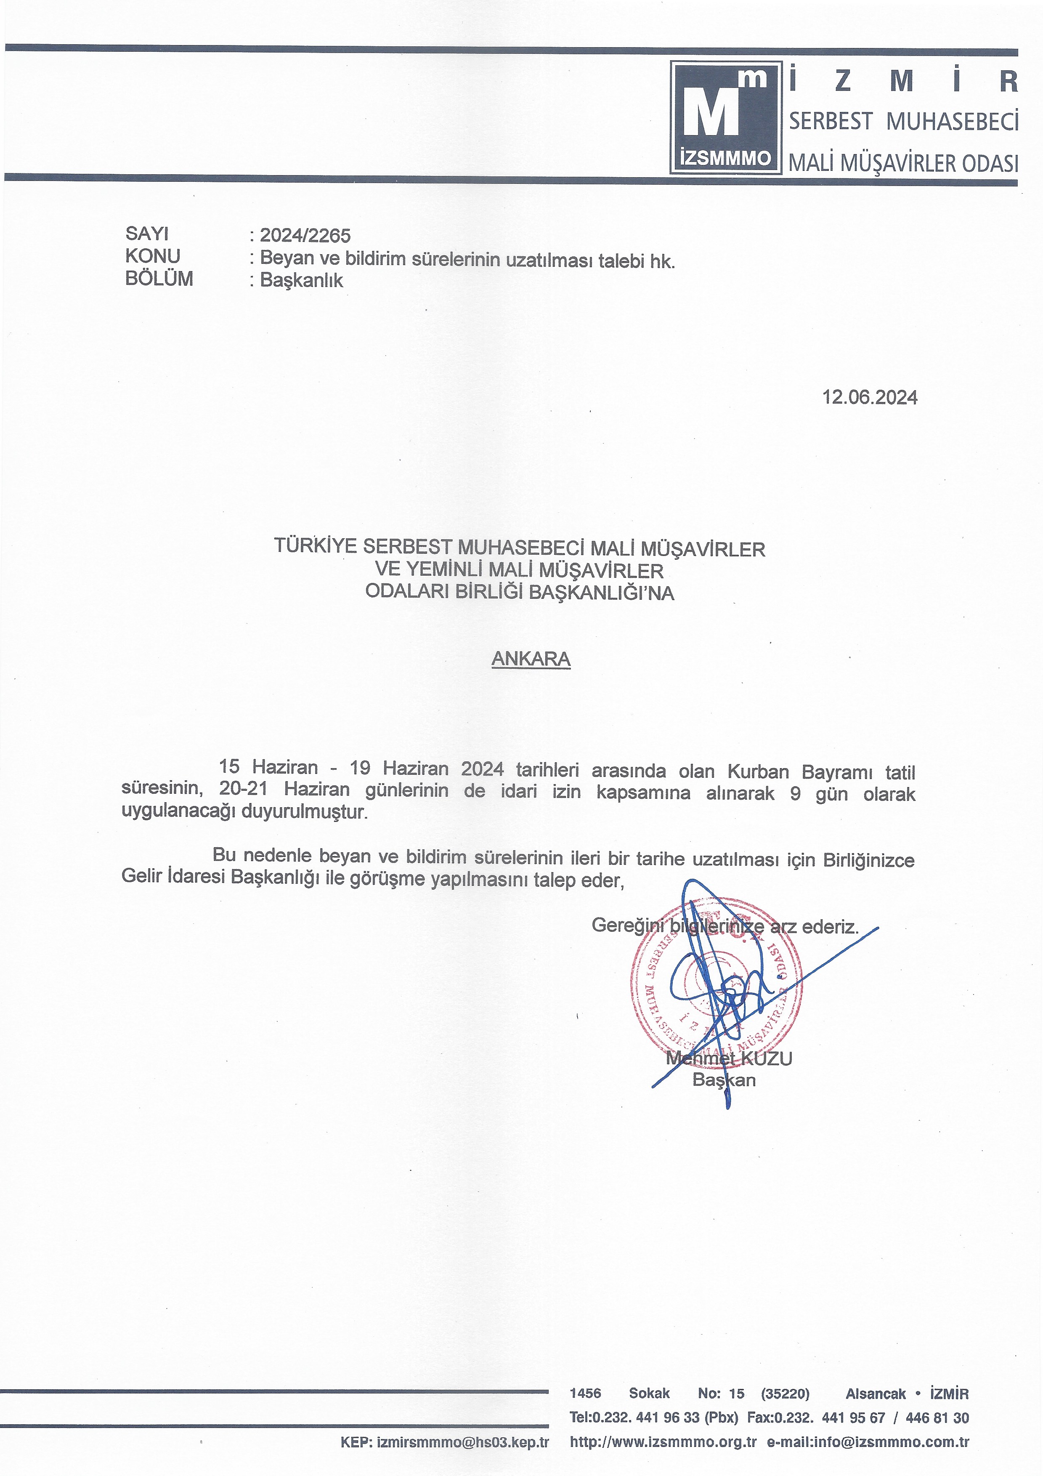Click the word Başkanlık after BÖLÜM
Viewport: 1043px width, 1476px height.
coord(301,280)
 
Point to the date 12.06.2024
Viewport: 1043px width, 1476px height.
coord(870,397)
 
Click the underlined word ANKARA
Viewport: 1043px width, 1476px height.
coord(531,659)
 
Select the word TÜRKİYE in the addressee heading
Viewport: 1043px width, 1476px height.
coord(316,546)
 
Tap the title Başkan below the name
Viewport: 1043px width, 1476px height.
coord(724,1080)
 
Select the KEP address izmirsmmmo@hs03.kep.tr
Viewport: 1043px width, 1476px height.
coord(463,1442)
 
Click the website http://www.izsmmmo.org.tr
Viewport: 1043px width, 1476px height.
coord(663,1442)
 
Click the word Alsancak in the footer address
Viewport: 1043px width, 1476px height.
coord(875,1394)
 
